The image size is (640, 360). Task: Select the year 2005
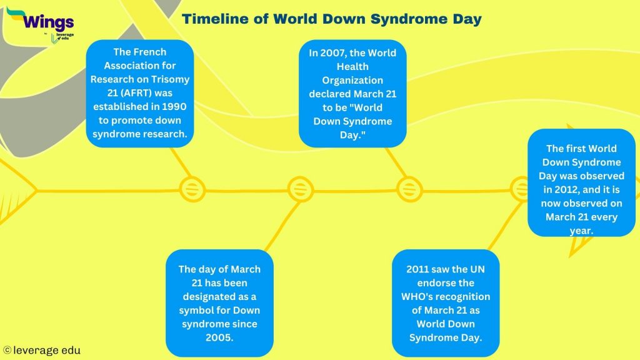(x=219, y=337)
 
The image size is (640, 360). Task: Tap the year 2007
(x=332, y=53)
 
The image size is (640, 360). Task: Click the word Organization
(x=352, y=80)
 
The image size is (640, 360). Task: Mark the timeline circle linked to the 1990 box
(x=192, y=188)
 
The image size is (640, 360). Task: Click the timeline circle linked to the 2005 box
(x=300, y=188)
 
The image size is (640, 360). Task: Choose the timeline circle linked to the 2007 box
(x=409, y=188)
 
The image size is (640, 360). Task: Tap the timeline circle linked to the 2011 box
(x=521, y=188)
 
